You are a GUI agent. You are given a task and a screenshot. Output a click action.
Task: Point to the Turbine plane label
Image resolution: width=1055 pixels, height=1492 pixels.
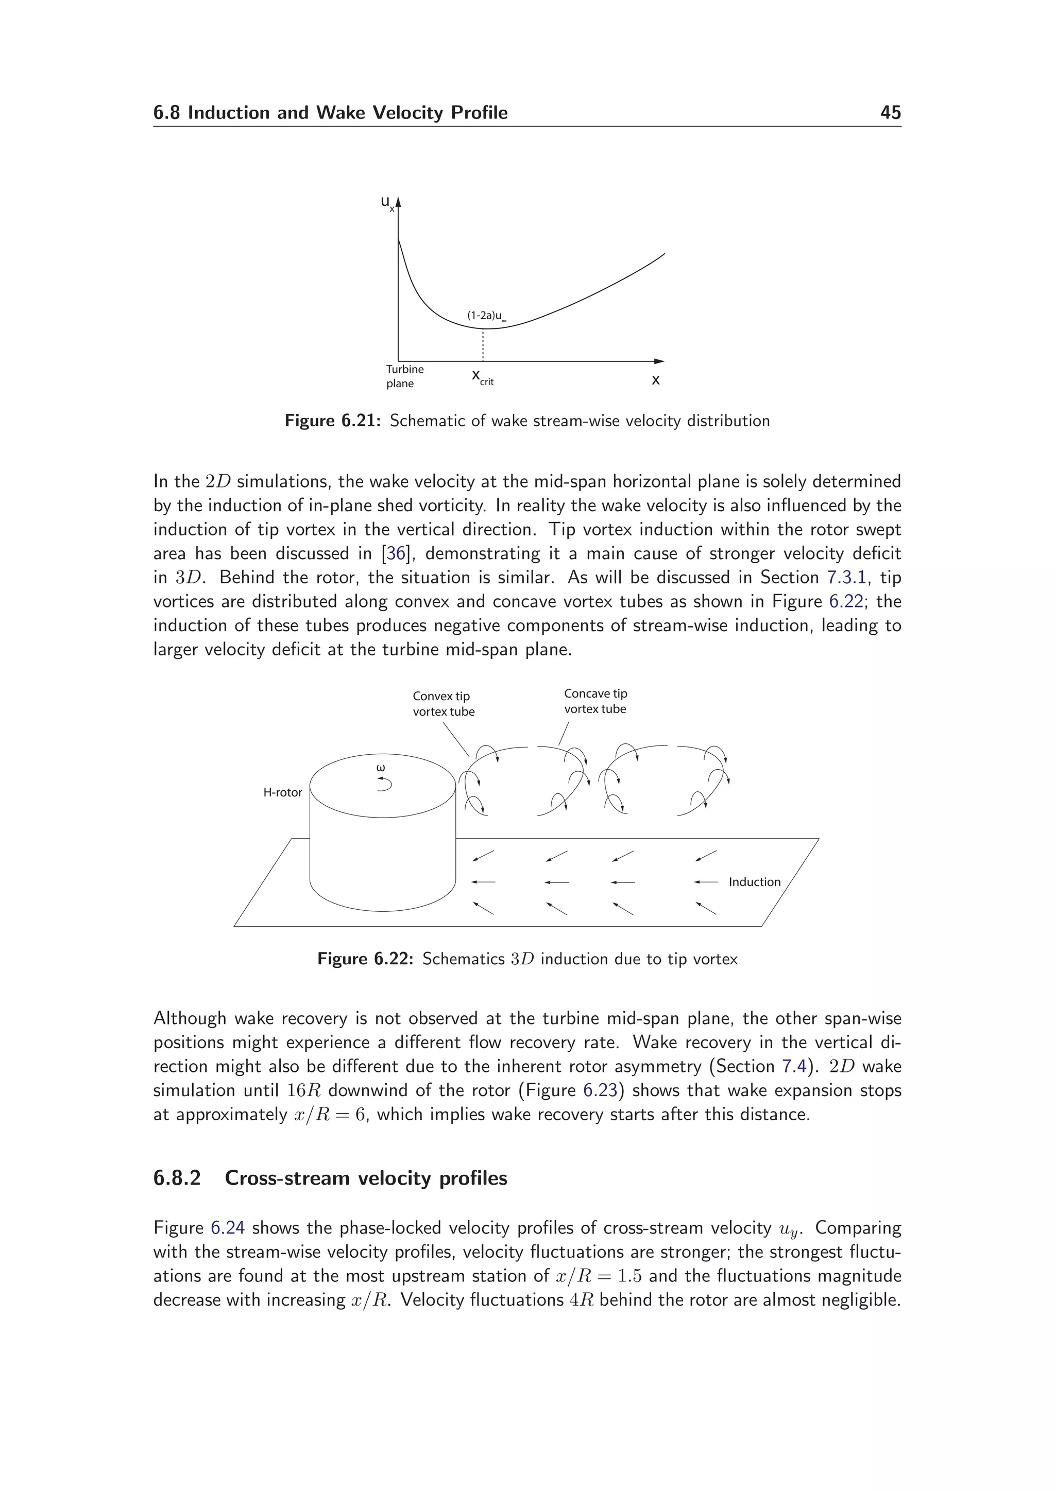(404, 376)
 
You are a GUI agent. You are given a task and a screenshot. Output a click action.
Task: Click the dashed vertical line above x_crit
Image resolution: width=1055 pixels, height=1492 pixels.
(483, 344)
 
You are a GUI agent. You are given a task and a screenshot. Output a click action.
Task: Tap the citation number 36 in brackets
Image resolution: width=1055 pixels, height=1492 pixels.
(395, 553)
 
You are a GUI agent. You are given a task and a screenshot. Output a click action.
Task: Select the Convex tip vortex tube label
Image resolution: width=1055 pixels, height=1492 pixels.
(444, 704)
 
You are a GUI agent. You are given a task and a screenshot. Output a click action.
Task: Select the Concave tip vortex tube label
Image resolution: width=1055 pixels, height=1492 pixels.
(595, 701)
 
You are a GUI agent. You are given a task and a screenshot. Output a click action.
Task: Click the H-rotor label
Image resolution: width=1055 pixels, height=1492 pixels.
(282, 792)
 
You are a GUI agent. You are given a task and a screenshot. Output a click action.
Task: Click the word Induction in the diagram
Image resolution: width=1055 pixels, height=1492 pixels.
(754, 882)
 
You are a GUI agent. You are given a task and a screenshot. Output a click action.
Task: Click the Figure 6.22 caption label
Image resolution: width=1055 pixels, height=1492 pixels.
(365, 959)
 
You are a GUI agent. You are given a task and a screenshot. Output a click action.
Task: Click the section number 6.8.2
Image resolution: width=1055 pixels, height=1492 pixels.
(177, 1178)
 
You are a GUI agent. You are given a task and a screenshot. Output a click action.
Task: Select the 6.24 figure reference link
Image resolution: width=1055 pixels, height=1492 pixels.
(228, 1228)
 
